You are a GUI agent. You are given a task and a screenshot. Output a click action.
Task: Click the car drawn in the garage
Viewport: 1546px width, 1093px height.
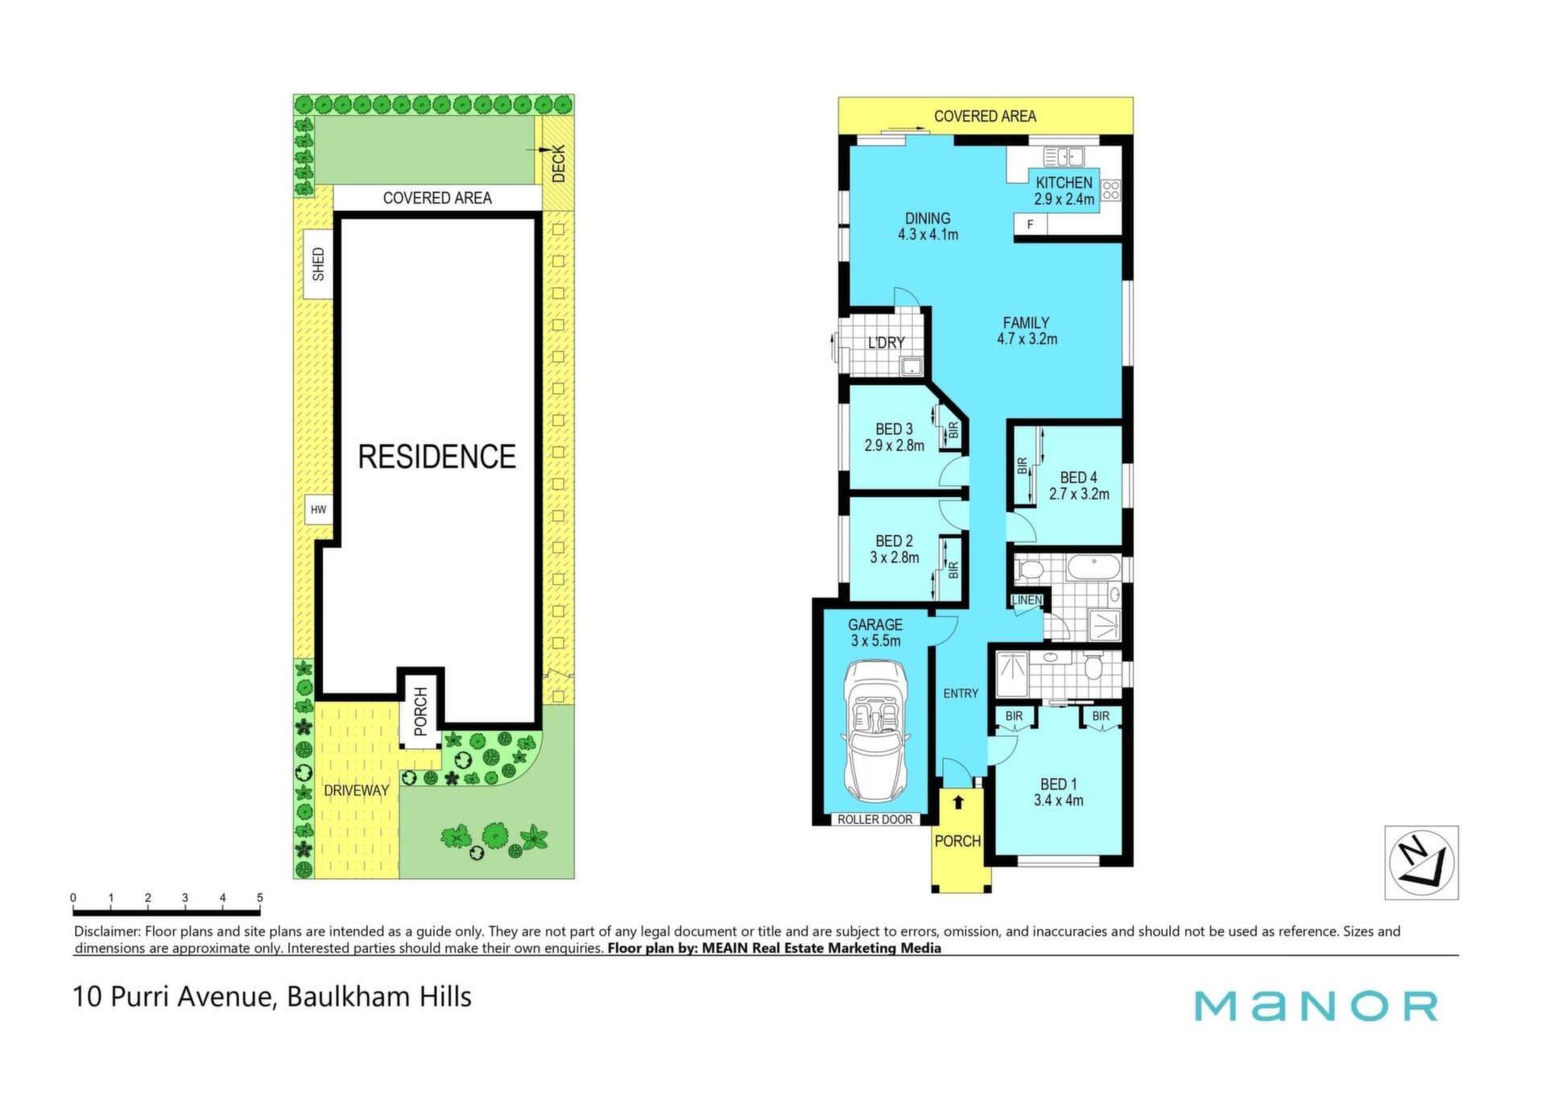tap(875, 731)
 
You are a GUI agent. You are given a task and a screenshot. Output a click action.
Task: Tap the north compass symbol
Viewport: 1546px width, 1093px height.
tap(1421, 863)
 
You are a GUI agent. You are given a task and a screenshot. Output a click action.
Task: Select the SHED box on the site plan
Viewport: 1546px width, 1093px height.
tap(318, 264)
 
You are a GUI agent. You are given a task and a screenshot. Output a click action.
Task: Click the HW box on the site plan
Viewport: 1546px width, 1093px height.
tap(319, 510)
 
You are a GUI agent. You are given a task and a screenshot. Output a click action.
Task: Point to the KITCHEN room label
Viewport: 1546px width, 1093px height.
tap(1064, 183)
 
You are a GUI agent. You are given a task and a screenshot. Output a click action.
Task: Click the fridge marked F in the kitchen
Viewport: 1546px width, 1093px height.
tap(1030, 225)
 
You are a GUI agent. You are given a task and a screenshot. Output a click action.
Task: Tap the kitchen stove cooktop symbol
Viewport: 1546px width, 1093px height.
tap(1110, 190)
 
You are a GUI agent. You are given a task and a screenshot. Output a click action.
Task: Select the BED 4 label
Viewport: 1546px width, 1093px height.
tap(1078, 478)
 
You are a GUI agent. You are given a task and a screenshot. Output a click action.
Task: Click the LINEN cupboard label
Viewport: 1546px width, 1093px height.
tap(1027, 600)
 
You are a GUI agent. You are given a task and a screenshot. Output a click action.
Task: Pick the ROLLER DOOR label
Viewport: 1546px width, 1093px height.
tap(875, 819)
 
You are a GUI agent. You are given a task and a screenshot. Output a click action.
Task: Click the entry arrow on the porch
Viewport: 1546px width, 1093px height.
tap(958, 802)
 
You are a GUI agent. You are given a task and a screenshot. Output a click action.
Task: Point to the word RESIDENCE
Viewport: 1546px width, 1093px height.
tap(436, 457)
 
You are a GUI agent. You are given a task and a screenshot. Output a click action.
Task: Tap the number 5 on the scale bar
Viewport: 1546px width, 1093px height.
tap(260, 897)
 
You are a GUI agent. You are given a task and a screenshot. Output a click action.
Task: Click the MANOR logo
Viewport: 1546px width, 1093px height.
tap(1316, 1006)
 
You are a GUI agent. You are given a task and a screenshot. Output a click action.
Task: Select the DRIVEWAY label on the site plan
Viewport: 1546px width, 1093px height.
tap(356, 790)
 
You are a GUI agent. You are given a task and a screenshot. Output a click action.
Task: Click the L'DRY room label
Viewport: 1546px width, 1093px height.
tap(886, 343)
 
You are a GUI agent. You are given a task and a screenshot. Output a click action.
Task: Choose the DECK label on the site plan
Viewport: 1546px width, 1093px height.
tap(559, 164)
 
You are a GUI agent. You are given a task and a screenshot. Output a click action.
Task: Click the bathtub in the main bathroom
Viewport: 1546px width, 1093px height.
tap(1093, 569)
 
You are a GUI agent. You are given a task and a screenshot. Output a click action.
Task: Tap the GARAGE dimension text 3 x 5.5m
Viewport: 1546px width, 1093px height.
tap(875, 641)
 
